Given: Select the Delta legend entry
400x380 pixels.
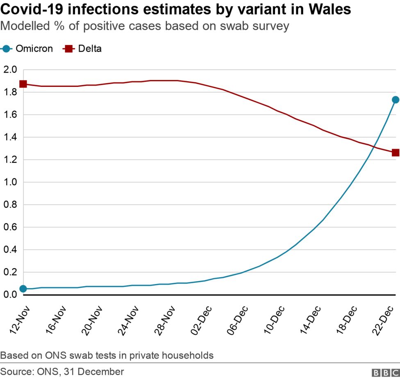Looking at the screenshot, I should [x=82, y=48].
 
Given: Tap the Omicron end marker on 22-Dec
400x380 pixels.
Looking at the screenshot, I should [x=395, y=100].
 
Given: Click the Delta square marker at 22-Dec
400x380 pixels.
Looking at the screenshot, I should [x=395, y=152].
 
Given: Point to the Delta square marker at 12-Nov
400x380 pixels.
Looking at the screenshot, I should [x=23, y=84].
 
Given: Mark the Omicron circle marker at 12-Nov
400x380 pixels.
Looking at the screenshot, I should [x=23, y=289].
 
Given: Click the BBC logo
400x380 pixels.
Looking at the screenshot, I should [x=385, y=372].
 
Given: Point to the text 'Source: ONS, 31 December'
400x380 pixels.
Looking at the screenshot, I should [x=62, y=371].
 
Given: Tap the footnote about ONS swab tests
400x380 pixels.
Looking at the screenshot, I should [x=107, y=355].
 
